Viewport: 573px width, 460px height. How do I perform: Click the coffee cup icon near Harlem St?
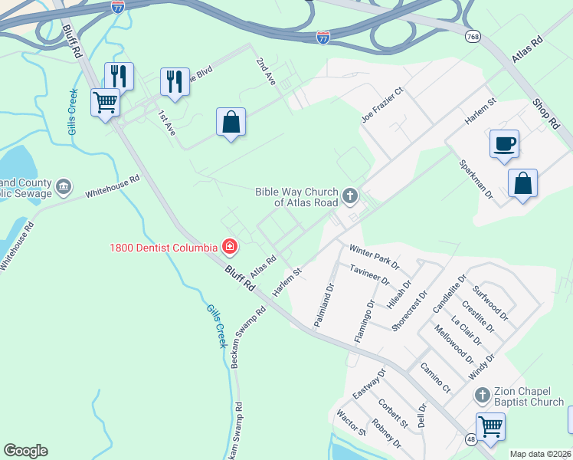tap(504, 144)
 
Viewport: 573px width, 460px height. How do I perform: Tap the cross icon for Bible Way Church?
tap(350, 195)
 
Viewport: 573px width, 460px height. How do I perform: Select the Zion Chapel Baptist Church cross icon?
tap(482, 396)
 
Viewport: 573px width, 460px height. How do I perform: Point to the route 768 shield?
tap(472, 37)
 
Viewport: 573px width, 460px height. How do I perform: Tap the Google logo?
tap(25, 451)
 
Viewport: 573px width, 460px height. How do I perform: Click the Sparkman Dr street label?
tap(475, 179)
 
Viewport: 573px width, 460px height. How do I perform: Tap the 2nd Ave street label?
tap(265, 71)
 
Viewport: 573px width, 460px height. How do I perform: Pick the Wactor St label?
tap(352, 422)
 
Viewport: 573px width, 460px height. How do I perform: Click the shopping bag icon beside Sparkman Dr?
tap(522, 183)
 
